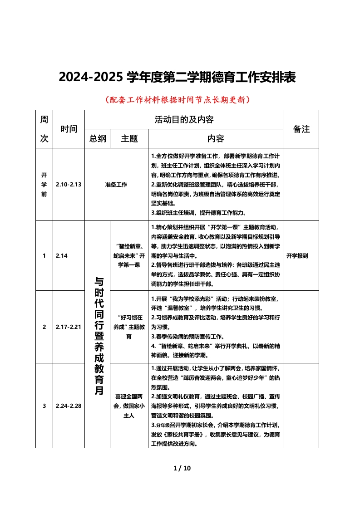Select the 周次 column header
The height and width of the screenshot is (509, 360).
pyautogui.click(x=44, y=129)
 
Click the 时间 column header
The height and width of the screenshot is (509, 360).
pyautogui.click(x=69, y=129)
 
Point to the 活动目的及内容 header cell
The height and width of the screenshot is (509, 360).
pyautogui.click(x=184, y=120)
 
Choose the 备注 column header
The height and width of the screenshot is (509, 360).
pyautogui.click(x=301, y=129)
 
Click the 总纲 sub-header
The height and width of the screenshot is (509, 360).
pyautogui.click(x=98, y=138)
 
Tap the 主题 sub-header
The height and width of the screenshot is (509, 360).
pyautogui.click(x=129, y=138)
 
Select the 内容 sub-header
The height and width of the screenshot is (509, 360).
pyautogui.click(x=215, y=138)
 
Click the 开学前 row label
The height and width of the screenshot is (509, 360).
pyautogui.click(x=44, y=185)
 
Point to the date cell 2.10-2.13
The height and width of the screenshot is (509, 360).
pyautogui.click(x=69, y=185)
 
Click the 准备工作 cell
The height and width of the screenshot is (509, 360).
pyautogui.click(x=116, y=185)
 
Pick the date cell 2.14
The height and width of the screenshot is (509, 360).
pyautogui.click(x=62, y=256)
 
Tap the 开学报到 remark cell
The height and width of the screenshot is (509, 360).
pyautogui.click(x=297, y=256)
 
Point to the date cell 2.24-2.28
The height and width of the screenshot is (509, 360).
pyautogui.click(x=69, y=406)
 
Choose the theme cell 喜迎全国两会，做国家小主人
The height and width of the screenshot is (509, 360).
pyautogui.click(x=129, y=406)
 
